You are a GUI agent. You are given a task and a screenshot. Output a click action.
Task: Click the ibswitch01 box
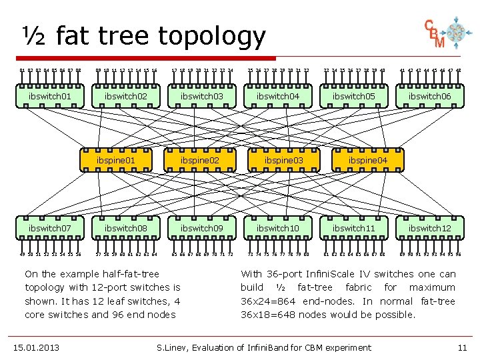point(50,96)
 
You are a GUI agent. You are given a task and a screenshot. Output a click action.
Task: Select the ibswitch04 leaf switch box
point(279,96)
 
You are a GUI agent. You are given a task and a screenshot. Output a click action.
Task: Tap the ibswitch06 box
point(431,96)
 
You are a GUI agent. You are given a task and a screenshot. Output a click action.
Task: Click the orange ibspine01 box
point(116,161)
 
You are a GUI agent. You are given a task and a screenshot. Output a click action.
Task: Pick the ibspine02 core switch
point(200,161)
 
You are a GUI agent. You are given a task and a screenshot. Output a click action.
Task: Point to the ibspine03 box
point(283,161)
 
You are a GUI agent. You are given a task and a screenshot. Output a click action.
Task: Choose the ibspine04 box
point(367,161)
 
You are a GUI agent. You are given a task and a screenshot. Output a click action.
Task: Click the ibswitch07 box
point(50,228)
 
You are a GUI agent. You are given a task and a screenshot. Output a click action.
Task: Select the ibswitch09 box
point(202,228)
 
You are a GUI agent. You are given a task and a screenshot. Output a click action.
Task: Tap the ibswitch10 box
point(279,228)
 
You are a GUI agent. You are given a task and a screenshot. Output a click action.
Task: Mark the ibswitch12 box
point(431,228)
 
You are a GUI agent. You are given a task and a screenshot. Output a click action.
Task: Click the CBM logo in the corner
point(445,34)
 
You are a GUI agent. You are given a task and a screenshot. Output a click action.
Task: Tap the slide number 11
point(463,347)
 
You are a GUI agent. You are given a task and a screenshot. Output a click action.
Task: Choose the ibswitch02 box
point(126,96)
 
